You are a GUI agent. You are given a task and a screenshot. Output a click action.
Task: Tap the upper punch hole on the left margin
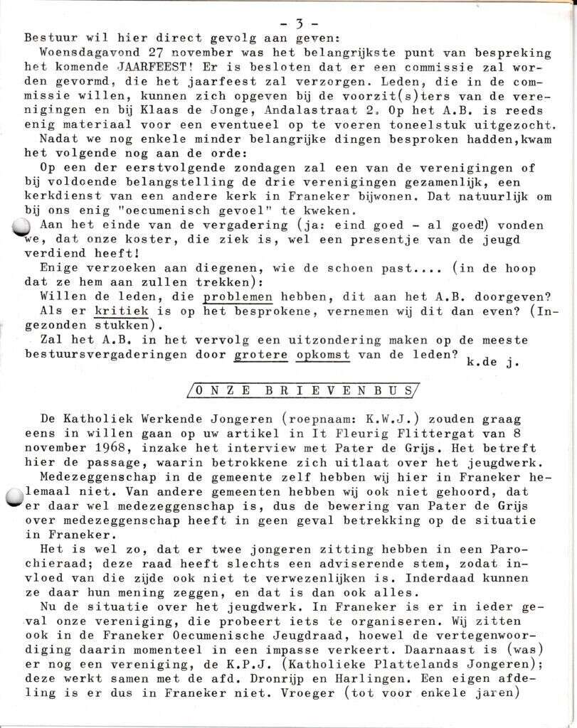(21, 227)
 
